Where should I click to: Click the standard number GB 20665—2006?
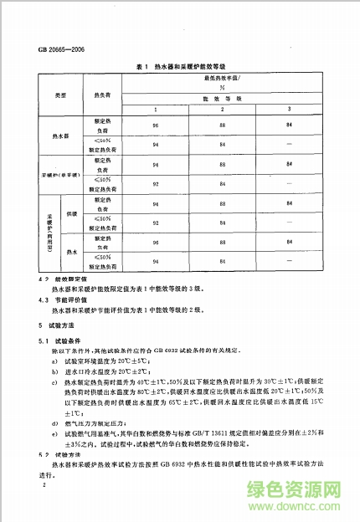point(63,49)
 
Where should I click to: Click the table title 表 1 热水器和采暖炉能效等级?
point(180,65)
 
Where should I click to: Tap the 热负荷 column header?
point(101,95)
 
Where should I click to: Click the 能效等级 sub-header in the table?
point(222,98)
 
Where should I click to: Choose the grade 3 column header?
point(289,110)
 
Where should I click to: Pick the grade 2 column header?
point(222,110)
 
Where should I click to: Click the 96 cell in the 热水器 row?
point(155,125)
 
